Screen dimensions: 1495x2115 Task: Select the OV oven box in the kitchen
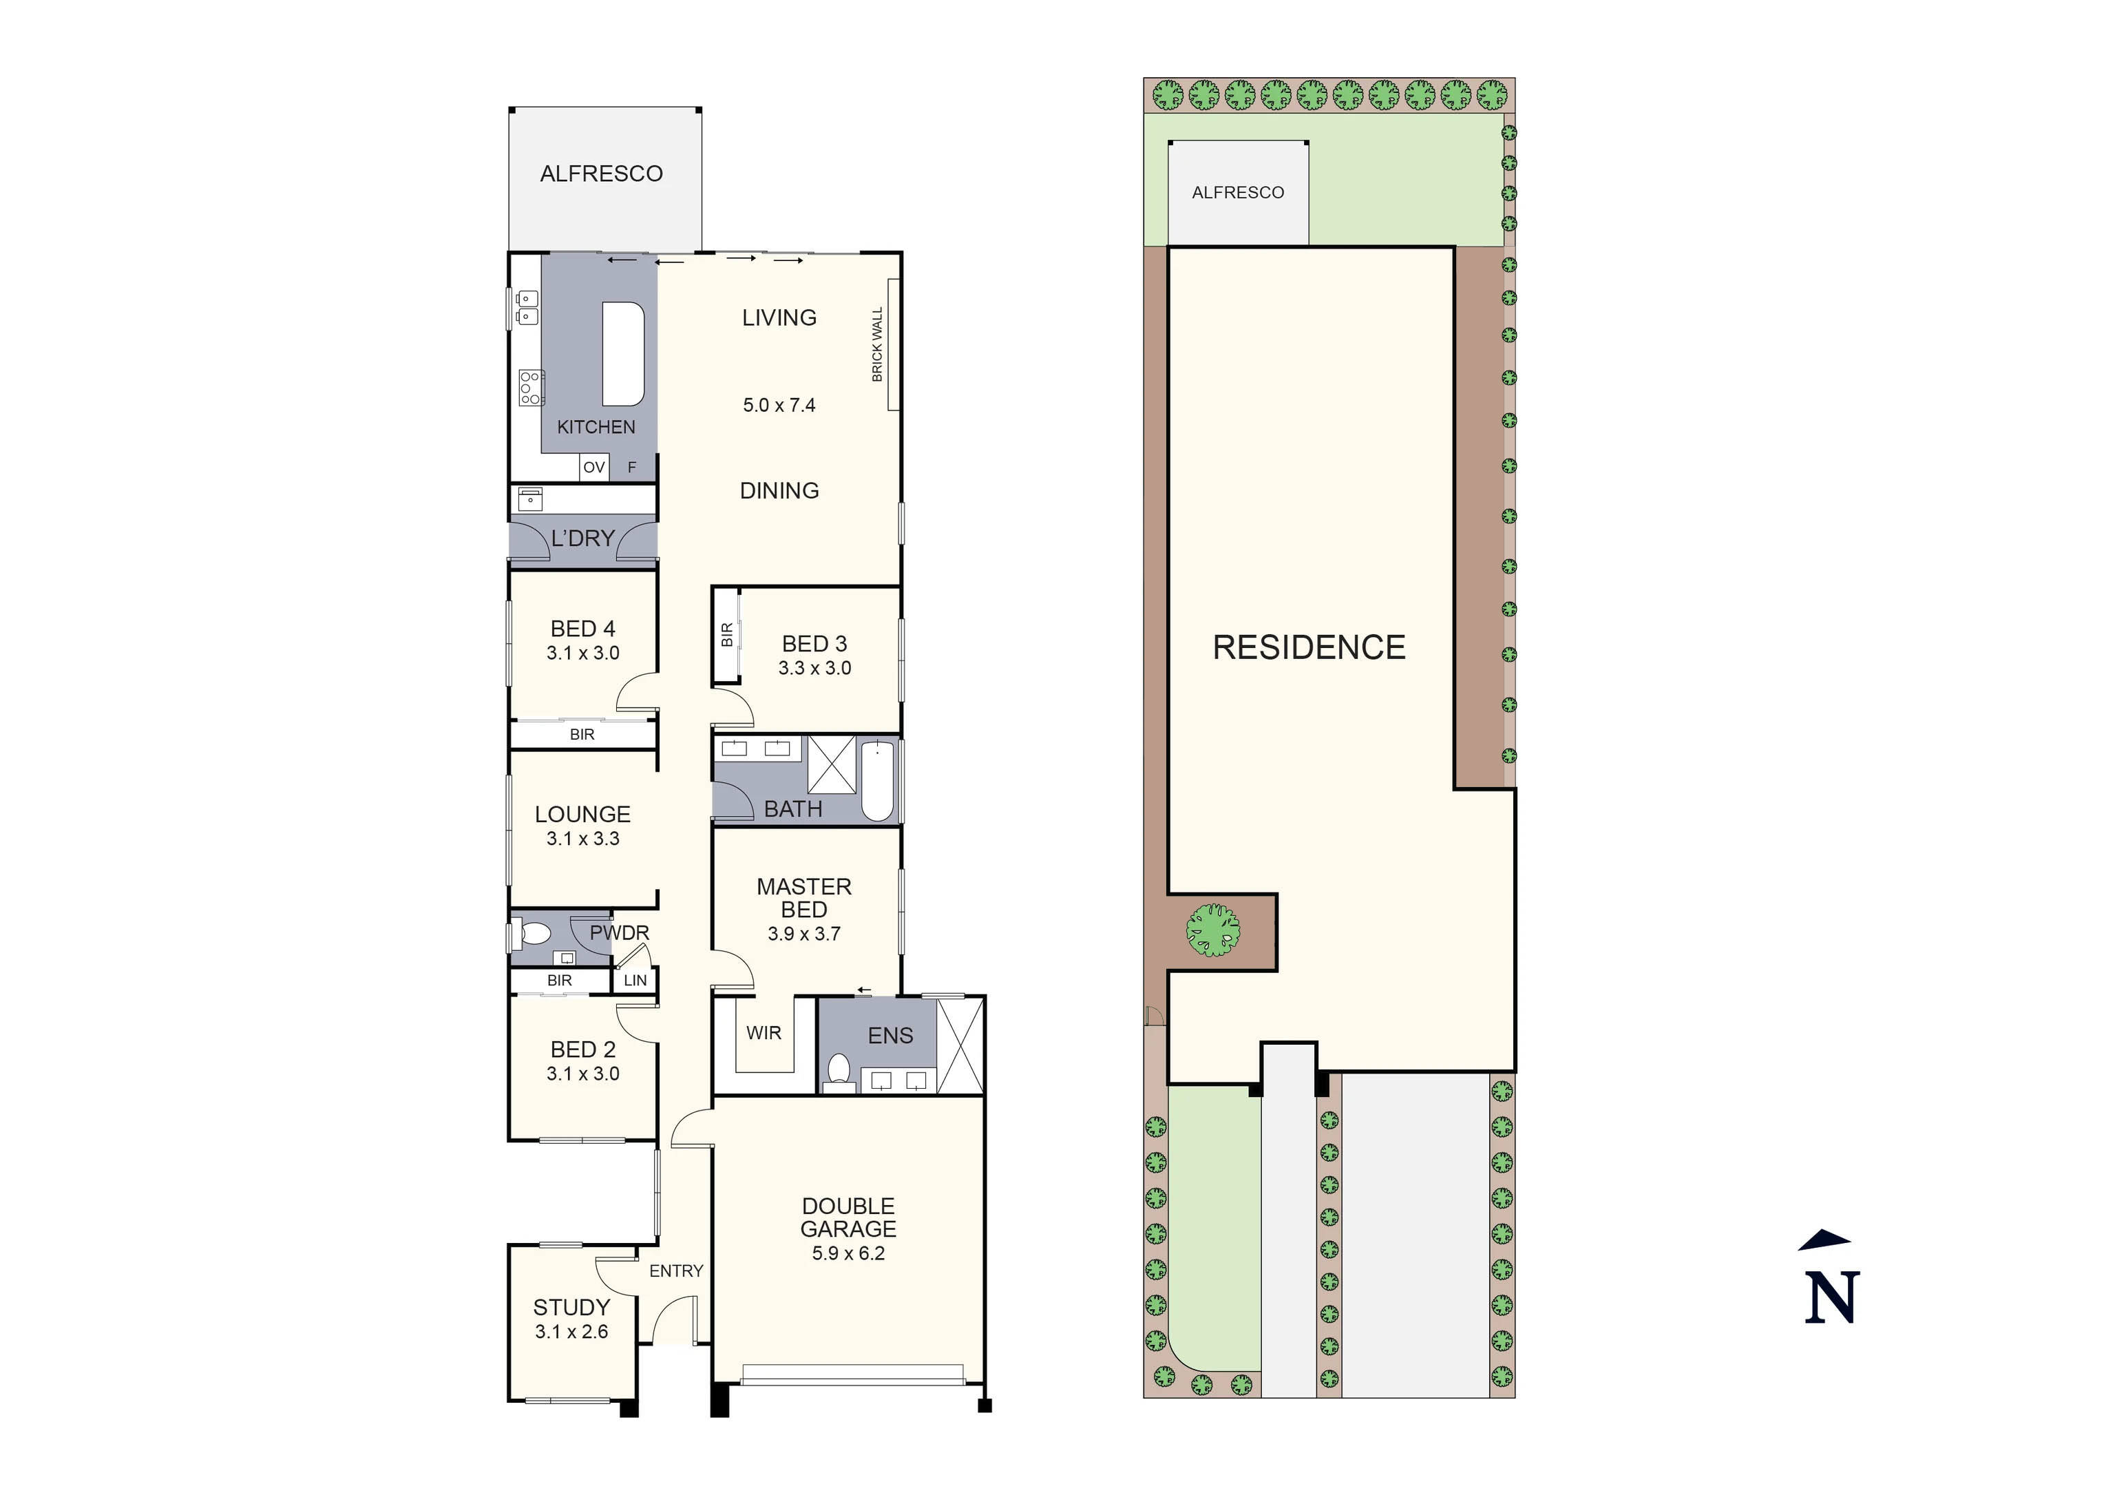(593, 467)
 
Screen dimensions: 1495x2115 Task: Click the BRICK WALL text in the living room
(877, 344)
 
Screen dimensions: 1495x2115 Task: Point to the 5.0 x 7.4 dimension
(779, 406)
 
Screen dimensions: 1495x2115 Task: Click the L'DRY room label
(582, 538)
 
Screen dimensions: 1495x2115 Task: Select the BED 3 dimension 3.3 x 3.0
(814, 668)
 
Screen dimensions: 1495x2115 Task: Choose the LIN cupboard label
(635, 980)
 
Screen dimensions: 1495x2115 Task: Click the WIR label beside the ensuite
(763, 1033)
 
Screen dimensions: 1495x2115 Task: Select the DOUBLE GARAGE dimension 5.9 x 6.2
(848, 1253)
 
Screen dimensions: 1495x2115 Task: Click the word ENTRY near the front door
(675, 1271)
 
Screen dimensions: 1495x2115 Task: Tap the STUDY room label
(571, 1307)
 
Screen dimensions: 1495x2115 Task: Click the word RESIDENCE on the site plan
(1308, 647)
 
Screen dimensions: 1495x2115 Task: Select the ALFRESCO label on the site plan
(1237, 193)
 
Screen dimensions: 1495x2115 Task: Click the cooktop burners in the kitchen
(529, 388)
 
